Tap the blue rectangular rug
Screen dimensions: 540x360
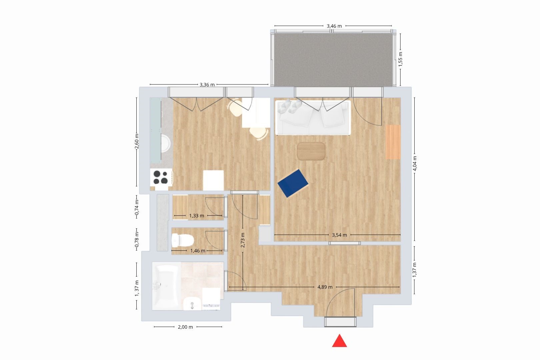click(293, 183)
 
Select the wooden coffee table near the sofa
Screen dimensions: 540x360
click(311, 151)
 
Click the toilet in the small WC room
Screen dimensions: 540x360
click(183, 240)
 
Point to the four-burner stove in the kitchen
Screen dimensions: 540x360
click(161, 177)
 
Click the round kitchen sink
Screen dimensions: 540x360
click(165, 144)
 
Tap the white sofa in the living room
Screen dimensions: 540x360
click(313, 118)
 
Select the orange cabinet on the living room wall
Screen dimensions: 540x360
click(393, 142)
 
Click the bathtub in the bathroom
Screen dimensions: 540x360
click(166, 286)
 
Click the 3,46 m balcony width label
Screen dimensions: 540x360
click(334, 26)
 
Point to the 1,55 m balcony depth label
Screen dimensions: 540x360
click(400, 59)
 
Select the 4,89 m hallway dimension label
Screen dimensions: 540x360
click(325, 287)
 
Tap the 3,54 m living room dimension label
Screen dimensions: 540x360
click(339, 235)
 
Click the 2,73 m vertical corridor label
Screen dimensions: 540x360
click(243, 240)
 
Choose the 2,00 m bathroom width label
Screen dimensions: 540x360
click(185, 327)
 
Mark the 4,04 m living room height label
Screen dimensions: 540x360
click(415, 163)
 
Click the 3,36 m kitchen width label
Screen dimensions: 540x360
click(207, 85)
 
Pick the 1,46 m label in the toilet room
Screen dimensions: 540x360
click(198, 251)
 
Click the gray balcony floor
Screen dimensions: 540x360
click(333, 59)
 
